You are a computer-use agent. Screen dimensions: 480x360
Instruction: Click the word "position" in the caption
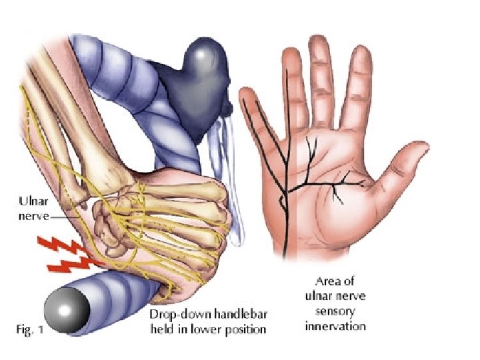click(245, 329)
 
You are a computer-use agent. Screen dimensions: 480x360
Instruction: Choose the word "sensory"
click(335, 312)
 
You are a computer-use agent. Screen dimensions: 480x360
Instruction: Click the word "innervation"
click(335, 326)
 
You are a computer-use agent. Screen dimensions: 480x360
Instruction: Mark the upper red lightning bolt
click(64, 245)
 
